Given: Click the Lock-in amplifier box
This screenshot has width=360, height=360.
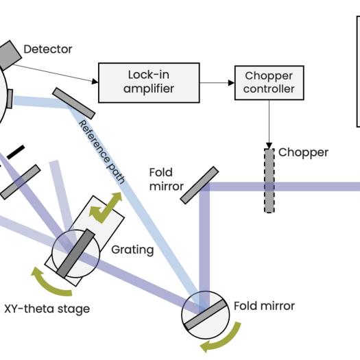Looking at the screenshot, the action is pos(149,83).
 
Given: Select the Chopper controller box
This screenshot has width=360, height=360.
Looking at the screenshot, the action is pos(269,83).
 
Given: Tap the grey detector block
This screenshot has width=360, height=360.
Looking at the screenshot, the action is pos(9,55).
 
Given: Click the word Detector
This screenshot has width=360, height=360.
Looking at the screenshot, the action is pos(48,49).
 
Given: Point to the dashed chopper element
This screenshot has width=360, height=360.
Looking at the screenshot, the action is pos(269,180).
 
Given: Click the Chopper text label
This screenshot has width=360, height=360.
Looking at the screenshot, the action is pos(303,153).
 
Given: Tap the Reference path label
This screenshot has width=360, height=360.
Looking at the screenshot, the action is pos(102,152).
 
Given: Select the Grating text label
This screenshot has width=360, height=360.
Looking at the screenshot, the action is pos(132,250).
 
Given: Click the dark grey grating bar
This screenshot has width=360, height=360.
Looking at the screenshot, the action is pos(75,253).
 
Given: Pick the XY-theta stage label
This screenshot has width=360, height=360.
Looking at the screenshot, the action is pos(47,309).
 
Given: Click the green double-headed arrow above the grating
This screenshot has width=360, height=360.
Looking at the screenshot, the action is pos(106,207).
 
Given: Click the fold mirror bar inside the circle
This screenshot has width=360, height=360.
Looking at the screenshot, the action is pos(206,315).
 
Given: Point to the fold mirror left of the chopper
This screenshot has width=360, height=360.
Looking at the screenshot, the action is pos(200,185).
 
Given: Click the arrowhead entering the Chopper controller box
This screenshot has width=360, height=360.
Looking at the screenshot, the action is pos(231,83).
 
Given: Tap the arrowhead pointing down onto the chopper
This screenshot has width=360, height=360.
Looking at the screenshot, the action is pos(269,145).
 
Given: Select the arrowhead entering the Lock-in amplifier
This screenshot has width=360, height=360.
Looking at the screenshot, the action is pos(95,82).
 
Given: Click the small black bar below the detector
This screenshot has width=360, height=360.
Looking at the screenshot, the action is pos(16,152).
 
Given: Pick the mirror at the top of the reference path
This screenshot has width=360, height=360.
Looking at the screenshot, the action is pos(73,104).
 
